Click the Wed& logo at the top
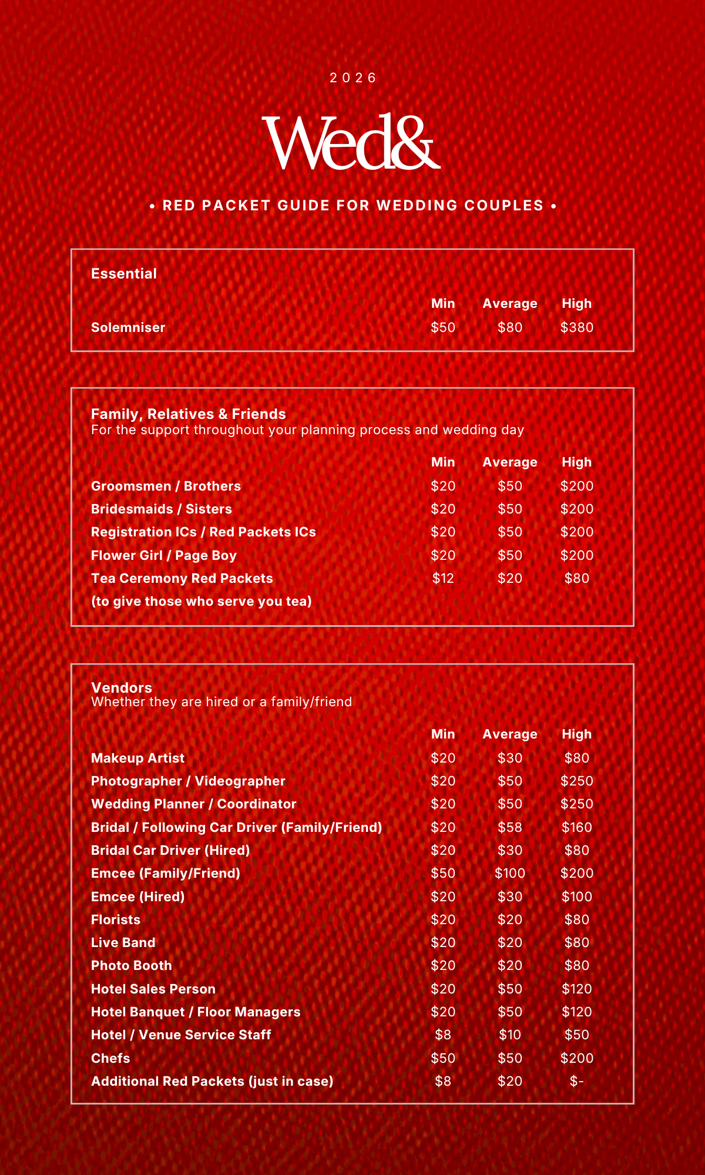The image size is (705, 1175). (351, 143)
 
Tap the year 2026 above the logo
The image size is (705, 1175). (352, 78)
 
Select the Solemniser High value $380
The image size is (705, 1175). (576, 327)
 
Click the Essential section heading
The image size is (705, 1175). (124, 274)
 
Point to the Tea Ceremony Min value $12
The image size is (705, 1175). (443, 578)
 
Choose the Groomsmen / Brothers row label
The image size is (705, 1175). (166, 486)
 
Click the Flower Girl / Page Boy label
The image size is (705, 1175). (164, 555)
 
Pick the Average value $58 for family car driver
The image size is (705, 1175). (509, 827)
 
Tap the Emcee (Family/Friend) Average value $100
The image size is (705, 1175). (509, 873)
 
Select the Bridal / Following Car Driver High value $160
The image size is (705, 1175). (576, 827)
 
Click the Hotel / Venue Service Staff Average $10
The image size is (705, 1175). (509, 1035)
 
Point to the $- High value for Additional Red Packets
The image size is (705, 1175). (576, 1081)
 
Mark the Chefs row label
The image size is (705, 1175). (110, 1058)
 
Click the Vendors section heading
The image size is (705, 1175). (122, 688)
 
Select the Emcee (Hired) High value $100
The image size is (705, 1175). (576, 897)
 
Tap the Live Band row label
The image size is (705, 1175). (123, 942)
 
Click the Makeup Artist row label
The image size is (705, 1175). (138, 758)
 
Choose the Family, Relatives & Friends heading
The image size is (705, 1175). (189, 414)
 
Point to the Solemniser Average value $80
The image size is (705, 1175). (509, 327)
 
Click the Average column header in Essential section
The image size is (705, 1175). (509, 304)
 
